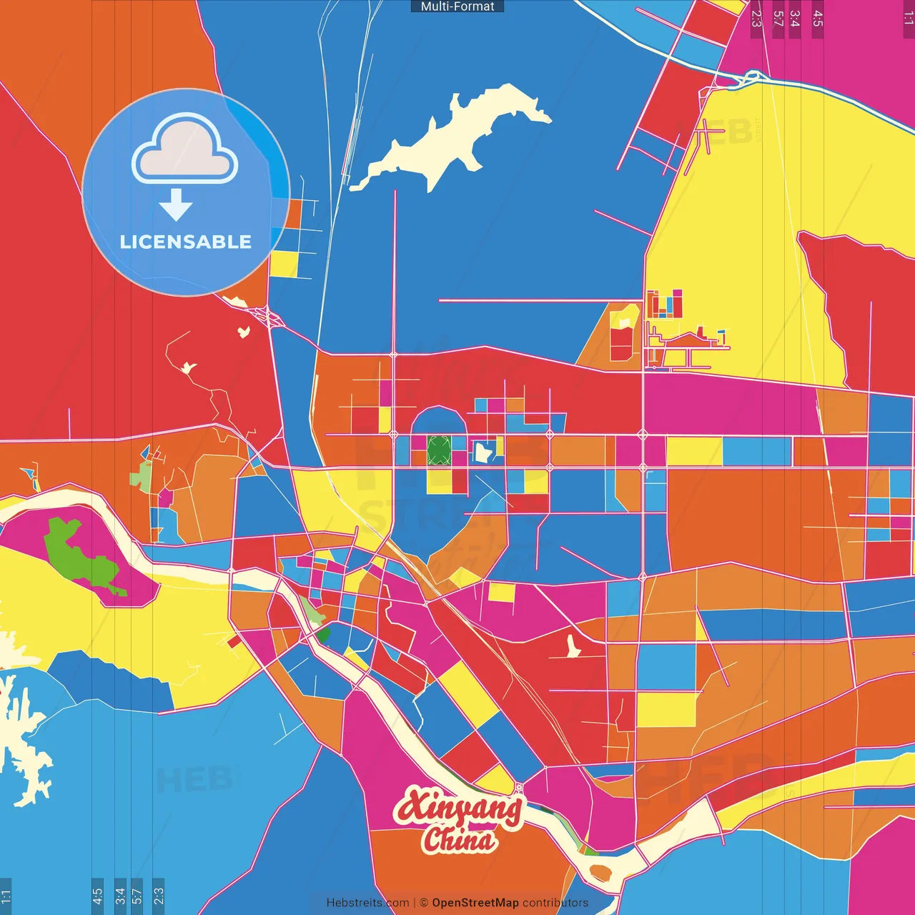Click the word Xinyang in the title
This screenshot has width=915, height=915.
pos(459,808)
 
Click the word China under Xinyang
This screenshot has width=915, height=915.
pos(459,839)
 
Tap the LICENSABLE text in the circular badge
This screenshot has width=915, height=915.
pos(185,242)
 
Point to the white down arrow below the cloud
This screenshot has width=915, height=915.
pos(176,205)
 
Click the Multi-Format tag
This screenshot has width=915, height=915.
pos(457,6)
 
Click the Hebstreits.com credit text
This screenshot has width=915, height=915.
pos(367,903)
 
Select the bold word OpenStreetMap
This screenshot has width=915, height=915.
pos(475,903)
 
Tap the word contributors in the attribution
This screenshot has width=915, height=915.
pos(555,903)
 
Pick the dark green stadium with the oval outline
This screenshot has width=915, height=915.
pos(439,450)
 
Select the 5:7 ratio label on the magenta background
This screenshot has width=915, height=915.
pos(778,19)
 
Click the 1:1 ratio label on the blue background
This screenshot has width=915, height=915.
pos(6,895)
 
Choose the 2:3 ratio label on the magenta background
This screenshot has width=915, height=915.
pos(756,19)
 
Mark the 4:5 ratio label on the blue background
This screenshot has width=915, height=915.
pos(98,895)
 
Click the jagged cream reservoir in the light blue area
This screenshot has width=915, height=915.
pos(21,743)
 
